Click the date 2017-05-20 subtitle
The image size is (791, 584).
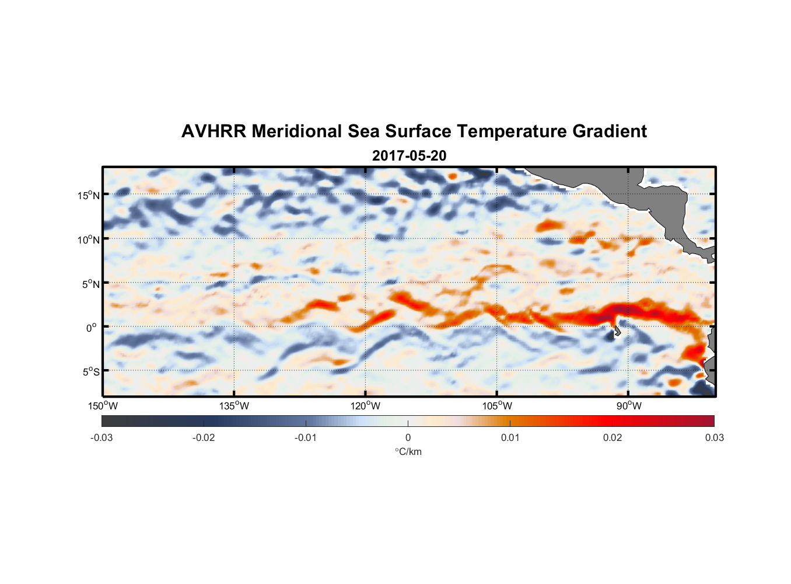coord(409,156)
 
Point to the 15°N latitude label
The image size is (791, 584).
coord(89,195)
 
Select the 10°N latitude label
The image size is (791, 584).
coord(89,239)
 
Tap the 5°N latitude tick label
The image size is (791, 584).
coord(90,284)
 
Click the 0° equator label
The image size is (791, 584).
coord(92,328)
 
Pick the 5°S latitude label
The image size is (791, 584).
coord(90,372)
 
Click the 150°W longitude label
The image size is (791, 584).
coord(103,406)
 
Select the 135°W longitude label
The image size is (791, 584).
coord(235,406)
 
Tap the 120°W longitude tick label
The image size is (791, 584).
coord(366,406)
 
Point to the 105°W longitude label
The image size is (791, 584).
coord(497,406)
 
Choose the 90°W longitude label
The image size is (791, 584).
coord(629,406)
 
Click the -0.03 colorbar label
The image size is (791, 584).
coord(101,438)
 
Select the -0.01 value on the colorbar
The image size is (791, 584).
coord(306,438)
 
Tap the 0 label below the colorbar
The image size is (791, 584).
coord(408,438)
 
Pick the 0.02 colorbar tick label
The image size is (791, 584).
coord(612,438)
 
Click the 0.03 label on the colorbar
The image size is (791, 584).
coord(714,438)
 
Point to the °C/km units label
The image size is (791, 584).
coord(408,452)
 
